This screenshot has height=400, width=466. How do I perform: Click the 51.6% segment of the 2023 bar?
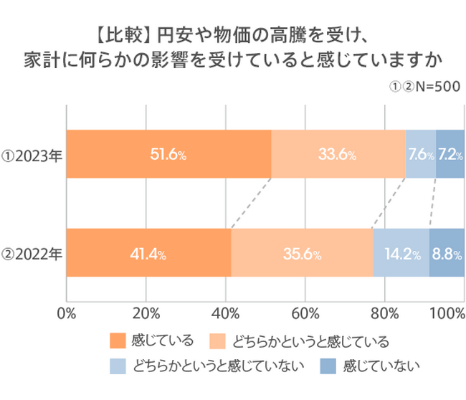168,154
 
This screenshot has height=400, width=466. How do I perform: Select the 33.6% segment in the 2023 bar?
338,154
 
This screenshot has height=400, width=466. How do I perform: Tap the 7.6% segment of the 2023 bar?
420,154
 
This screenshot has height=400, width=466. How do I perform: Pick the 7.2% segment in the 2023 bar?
450,154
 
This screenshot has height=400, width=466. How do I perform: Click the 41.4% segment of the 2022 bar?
148,253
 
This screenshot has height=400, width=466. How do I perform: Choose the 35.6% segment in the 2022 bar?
302,253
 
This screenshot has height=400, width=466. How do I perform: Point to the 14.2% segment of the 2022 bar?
401,253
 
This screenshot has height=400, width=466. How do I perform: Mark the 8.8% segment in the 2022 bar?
447,253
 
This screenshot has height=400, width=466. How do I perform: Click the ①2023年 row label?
32,154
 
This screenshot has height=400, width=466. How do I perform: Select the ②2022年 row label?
32,253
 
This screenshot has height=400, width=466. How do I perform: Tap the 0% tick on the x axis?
66,313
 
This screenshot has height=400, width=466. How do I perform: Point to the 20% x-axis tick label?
146,313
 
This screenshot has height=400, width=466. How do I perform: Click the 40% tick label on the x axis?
226,313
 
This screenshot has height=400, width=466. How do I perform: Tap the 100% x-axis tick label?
449,313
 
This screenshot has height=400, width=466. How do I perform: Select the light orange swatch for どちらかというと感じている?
215,341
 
